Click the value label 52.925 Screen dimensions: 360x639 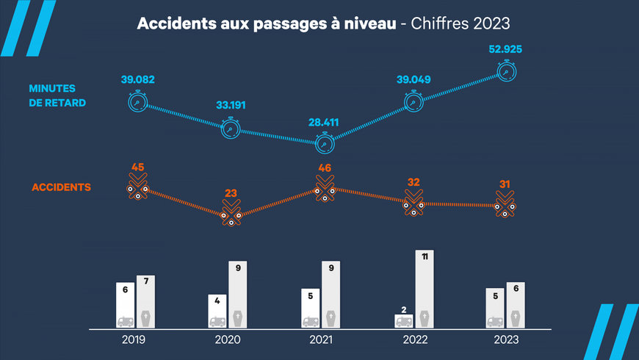click(505, 50)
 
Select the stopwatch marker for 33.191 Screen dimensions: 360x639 click(231, 128)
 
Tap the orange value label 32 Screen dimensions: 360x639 click(414, 182)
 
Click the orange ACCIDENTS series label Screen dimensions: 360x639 click(61, 187)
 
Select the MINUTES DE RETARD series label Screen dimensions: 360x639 click(57, 96)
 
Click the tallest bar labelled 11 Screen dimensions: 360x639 click(424, 289)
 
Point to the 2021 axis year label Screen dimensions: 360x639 click(321, 340)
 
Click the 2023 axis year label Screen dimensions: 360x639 click(506, 340)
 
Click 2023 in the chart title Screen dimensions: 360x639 click(491, 24)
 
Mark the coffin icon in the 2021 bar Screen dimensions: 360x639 click(331, 320)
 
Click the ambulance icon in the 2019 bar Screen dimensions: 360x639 click(126, 321)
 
